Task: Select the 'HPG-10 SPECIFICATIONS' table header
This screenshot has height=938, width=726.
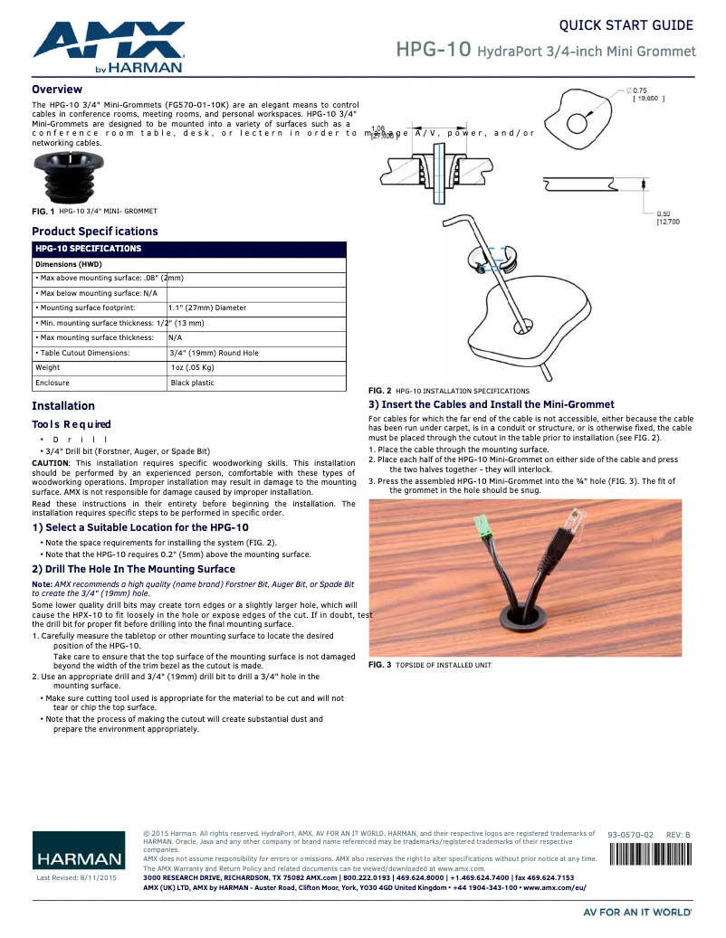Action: click(88, 248)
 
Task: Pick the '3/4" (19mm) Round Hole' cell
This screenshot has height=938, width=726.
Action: click(214, 353)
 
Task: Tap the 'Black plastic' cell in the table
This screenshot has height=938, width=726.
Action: click(193, 383)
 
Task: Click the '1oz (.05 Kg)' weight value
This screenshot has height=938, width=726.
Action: click(192, 368)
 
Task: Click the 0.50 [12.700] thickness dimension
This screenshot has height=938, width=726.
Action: click(667, 217)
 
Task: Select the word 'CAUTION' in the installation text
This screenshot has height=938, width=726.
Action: click(50, 462)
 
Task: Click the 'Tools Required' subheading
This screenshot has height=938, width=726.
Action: click(72, 424)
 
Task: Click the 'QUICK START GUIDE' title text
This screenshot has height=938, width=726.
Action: click(626, 25)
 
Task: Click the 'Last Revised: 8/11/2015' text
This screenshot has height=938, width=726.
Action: click(76, 878)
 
